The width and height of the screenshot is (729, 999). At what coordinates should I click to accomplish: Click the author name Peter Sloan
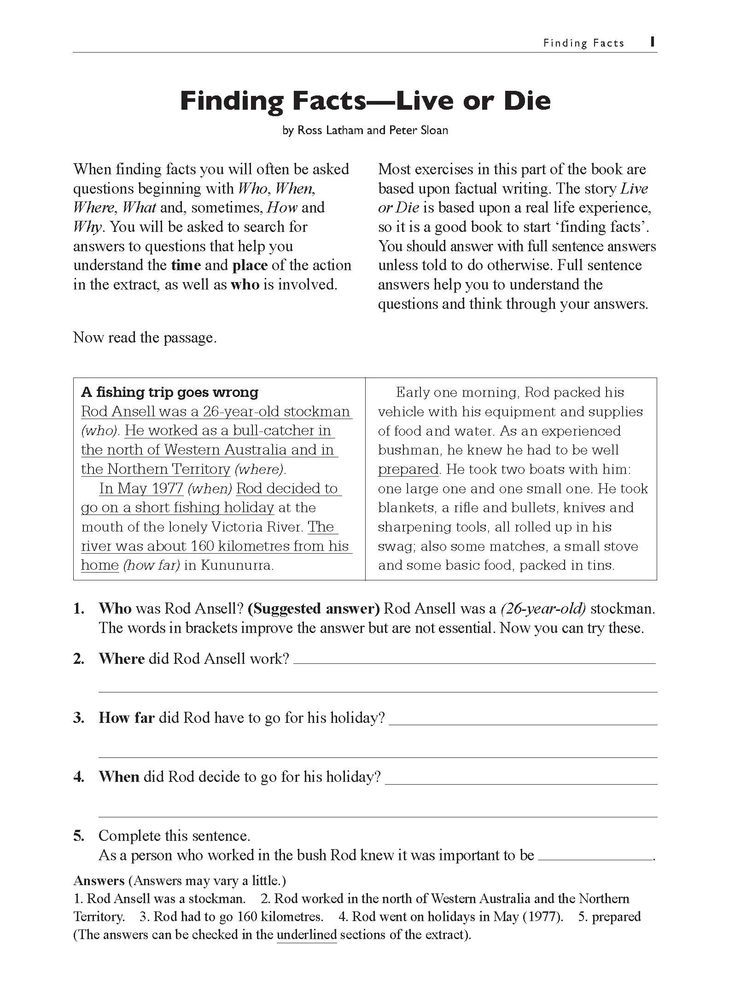point(419,130)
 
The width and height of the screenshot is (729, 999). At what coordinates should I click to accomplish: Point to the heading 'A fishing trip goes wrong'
point(169,392)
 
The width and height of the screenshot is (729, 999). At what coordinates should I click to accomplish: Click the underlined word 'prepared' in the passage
point(408,469)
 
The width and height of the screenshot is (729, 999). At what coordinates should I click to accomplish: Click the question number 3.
point(79,718)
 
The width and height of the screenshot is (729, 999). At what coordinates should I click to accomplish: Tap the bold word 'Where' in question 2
point(122,658)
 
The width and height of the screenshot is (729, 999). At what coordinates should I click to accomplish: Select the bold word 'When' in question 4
point(119,777)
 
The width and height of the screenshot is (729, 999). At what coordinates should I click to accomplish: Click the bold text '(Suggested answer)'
point(314,609)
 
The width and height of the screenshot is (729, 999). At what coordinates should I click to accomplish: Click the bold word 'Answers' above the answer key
point(99,881)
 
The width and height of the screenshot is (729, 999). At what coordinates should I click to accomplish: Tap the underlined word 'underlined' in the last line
point(307,934)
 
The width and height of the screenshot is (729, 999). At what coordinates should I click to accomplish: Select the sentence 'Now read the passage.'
point(145,337)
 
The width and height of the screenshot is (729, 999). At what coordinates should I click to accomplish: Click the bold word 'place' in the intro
point(250,266)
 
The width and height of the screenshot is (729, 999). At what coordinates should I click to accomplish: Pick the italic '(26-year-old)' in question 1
point(543,609)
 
